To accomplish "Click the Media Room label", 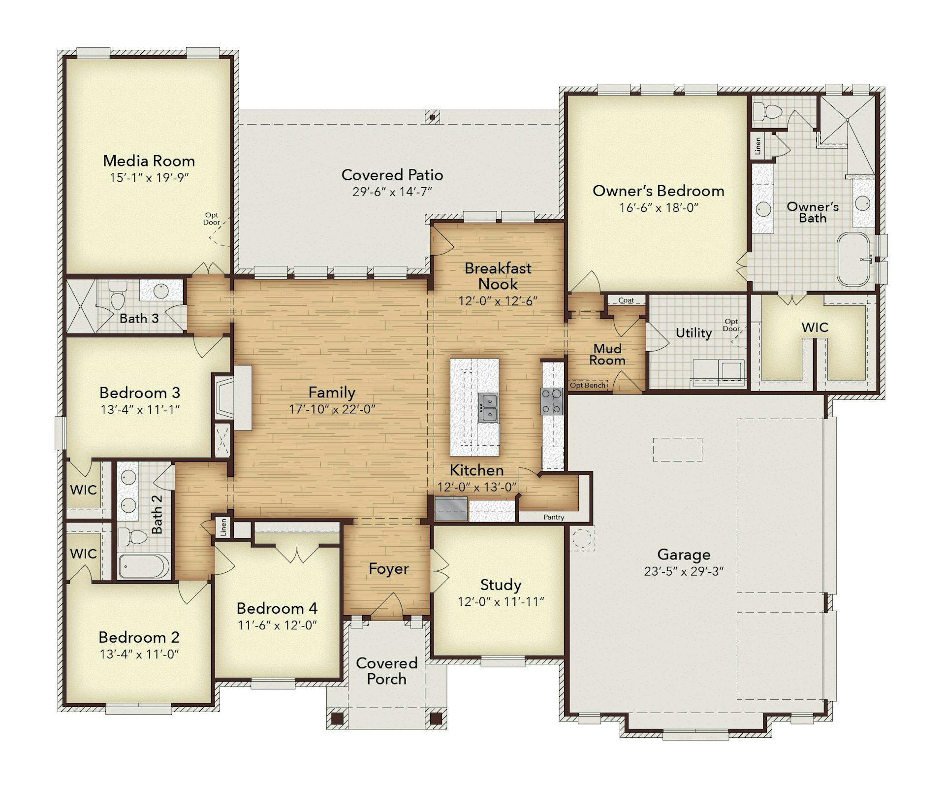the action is point(149,161).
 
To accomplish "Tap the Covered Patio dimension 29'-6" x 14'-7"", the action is point(392,192).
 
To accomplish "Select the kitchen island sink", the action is point(488,407).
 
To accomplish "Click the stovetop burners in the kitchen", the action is point(552,401).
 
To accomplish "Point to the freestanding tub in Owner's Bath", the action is point(854,260).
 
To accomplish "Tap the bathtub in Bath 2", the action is point(144,566).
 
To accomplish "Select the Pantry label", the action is point(554,517).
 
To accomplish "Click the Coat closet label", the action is point(626,300).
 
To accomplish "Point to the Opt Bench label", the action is point(588,385).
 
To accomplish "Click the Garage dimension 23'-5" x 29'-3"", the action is point(684,571).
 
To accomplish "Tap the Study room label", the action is point(501,585).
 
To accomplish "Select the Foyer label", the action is point(388,569).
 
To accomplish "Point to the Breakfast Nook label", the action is point(498,276).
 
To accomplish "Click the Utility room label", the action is point(693,333).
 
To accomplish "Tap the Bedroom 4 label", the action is point(277,608).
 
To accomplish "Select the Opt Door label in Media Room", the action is point(212,219).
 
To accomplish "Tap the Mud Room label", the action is point(607,355).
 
